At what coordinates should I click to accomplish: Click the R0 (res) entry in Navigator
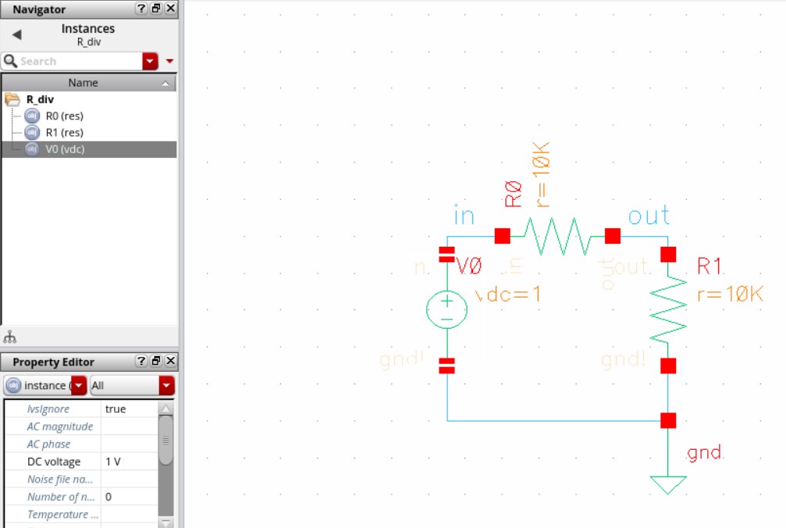tap(65, 116)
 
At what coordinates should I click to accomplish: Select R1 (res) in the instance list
tap(65, 132)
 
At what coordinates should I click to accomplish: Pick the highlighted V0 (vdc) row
tap(65, 148)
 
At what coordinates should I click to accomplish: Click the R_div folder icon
tap(12, 99)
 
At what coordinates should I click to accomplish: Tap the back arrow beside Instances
tap(16, 34)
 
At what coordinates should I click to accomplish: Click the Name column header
tap(83, 83)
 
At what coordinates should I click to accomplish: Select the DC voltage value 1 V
tap(113, 462)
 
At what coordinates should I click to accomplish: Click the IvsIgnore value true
tap(116, 408)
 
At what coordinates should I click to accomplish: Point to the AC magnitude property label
tap(59, 426)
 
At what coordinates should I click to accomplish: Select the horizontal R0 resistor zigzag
tap(557, 236)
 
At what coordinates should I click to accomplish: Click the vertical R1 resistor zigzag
tap(668, 310)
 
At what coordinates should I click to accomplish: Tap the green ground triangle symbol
tap(668, 484)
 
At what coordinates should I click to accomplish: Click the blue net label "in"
tap(464, 216)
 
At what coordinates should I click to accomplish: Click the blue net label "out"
tap(649, 216)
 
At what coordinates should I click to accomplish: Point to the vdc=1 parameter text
tap(508, 294)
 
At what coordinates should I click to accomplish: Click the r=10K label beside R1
tap(730, 294)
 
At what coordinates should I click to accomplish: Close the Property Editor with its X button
tap(171, 361)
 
